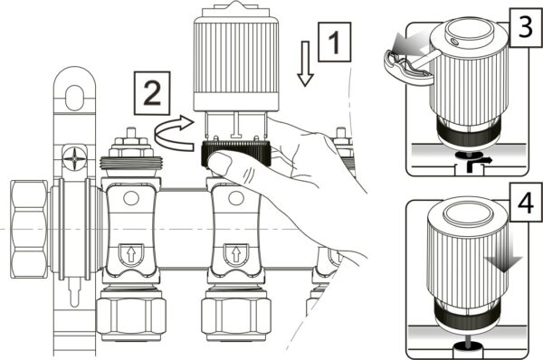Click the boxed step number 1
[x=335, y=42]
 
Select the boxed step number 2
[x=152, y=93]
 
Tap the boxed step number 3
[x=526, y=27]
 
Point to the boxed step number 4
[x=526, y=203]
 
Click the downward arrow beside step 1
[x=305, y=63]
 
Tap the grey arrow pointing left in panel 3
[x=409, y=43]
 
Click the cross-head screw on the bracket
[x=74, y=159]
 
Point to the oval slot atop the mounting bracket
[x=74, y=98]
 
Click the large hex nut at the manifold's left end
[x=29, y=229]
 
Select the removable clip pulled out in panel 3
[x=409, y=66]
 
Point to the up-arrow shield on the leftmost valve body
[x=131, y=254]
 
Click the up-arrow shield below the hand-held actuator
[x=236, y=254]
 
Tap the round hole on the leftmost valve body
[x=131, y=198]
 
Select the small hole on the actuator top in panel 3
[x=454, y=42]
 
